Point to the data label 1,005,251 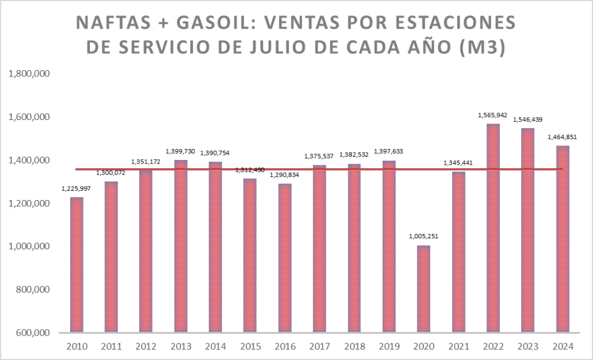(424, 237)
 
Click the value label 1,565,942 (493, 115)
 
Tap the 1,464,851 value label (562, 137)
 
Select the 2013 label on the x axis (181, 347)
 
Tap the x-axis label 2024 (562, 347)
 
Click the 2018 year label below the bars (355, 347)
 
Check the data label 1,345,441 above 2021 (458, 163)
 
